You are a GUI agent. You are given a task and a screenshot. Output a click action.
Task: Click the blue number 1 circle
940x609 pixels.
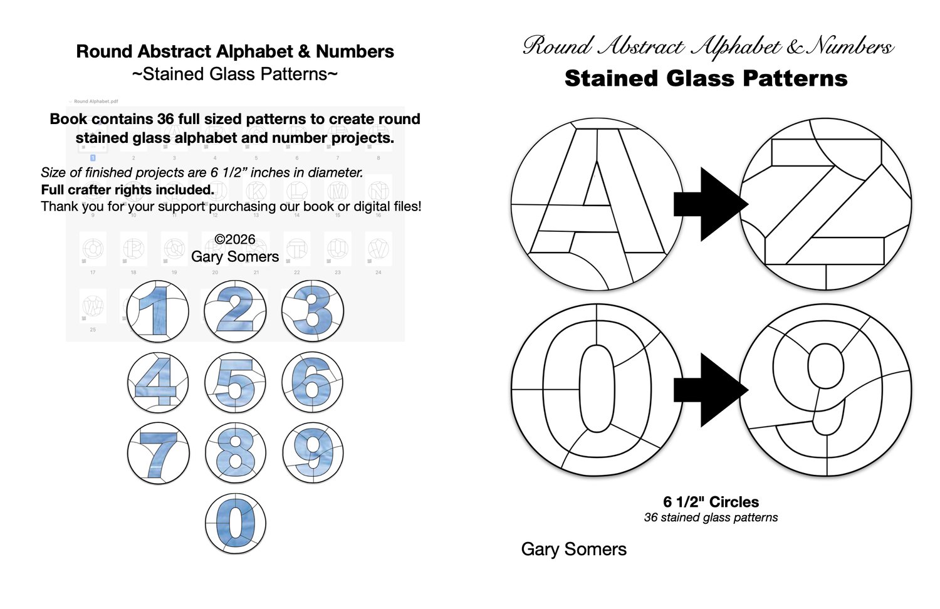(157, 311)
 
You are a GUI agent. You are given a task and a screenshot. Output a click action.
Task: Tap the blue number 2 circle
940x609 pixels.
(235, 311)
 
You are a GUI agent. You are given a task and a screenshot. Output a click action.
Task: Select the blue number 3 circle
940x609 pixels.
(313, 311)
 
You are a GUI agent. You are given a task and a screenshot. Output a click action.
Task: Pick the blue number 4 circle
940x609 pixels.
(157, 382)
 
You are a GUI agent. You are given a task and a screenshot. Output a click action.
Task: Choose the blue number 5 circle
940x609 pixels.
(235, 382)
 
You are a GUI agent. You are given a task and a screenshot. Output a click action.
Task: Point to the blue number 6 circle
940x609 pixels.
(313, 382)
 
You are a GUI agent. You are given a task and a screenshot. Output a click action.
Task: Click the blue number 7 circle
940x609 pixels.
(157, 453)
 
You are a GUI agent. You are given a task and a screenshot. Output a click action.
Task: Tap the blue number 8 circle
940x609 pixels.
(235, 453)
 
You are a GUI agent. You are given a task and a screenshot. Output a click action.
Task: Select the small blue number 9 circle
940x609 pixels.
(313, 453)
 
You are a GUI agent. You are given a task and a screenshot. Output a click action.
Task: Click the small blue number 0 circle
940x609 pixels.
(235, 524)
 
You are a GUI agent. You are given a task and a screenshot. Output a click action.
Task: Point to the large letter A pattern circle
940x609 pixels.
(597, 205)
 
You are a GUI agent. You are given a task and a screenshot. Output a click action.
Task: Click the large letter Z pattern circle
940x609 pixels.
(826, 205)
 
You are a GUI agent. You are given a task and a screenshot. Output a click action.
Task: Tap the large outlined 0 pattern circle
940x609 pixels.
(597, 389)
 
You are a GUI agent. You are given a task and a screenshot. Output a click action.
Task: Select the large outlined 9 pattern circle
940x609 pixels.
(826, 389)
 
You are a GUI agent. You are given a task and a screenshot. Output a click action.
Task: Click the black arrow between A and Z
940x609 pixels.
(710, 204)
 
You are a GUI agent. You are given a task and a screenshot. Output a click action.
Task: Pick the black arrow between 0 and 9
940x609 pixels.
(710, 390)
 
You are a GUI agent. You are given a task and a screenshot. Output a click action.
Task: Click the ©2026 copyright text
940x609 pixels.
(235, 239)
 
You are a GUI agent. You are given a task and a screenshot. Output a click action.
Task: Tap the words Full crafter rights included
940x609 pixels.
(128, 189)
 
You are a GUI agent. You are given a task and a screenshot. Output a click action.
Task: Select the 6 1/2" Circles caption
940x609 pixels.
(711, 502)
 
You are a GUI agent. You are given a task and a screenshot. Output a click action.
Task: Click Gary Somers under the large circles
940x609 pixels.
(573, 549)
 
